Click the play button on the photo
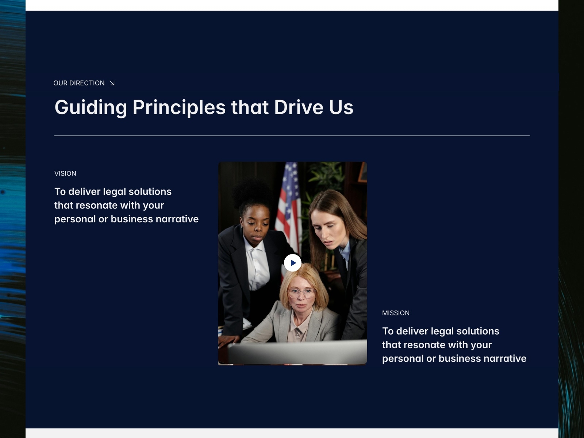point(292,263)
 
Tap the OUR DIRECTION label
point(79,83)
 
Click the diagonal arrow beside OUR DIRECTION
point(112,83)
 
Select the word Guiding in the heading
point(91,107)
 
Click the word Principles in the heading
point(179,107)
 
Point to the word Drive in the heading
point(299,107)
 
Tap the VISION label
point(65,173)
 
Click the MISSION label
point(396,313)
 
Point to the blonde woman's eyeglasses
point(302,293)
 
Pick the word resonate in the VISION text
point(97,205)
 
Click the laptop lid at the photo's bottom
point(297,352)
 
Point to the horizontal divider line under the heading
point(292,136)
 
